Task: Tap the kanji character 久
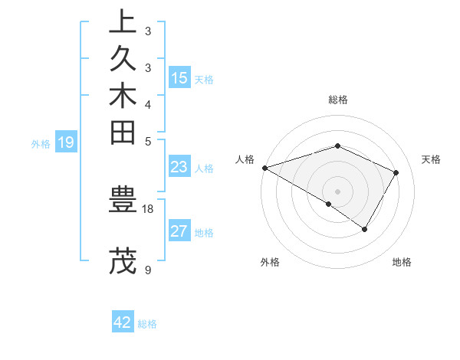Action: click(x=123, y=60)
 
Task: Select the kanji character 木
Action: click(x=123, y=97)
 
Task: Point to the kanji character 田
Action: click(x=123, y=133)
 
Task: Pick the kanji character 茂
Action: click(x=123, y=260)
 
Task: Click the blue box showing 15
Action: click(x=179, y=78)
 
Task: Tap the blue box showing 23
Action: click(x=179, y=167)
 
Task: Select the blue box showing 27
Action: click(x=179, y=231)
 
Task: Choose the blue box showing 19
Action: click(x=66, y=142)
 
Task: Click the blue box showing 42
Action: click(x=123, y=322)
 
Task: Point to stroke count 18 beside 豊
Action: click(x=148, y=208)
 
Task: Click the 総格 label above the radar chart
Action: click(x=337, y=100)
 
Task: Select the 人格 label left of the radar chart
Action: click(x=245, y=159)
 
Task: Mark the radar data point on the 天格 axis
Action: click(x=396, y=172)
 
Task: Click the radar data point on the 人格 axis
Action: click(x=264, y=168)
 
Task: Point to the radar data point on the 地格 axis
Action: click(x=365, y=229)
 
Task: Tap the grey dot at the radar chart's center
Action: click(x=337, y=191)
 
